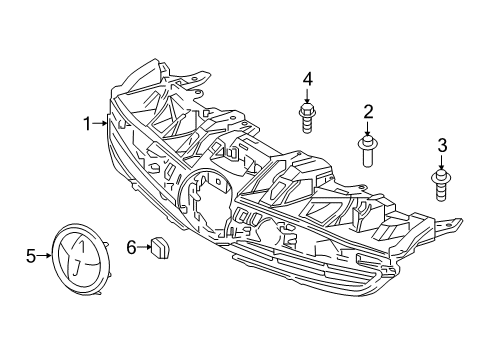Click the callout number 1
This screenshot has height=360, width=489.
pos(87,123)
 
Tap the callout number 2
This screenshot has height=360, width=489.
pos(368,111)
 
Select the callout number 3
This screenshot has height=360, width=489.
pos(440,147)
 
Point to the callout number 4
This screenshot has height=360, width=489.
pos(308,78)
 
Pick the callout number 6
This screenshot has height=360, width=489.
pos(130,245)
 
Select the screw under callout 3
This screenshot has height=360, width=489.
pos(440,186)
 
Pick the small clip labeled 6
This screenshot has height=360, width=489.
pos(160,245)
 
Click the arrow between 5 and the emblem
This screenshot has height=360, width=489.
pos(45,256)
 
